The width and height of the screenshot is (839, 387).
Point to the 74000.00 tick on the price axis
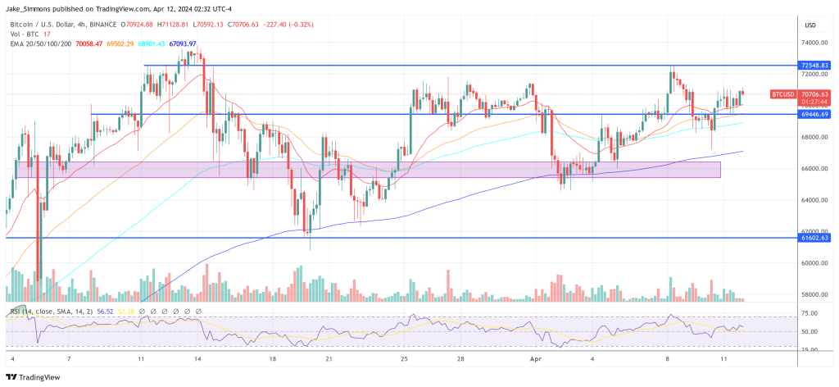814,43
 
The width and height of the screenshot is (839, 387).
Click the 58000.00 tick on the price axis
814,294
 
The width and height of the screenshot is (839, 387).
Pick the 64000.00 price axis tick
814,200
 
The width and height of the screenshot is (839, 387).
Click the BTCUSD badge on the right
782,94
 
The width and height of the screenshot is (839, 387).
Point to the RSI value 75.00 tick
811,313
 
